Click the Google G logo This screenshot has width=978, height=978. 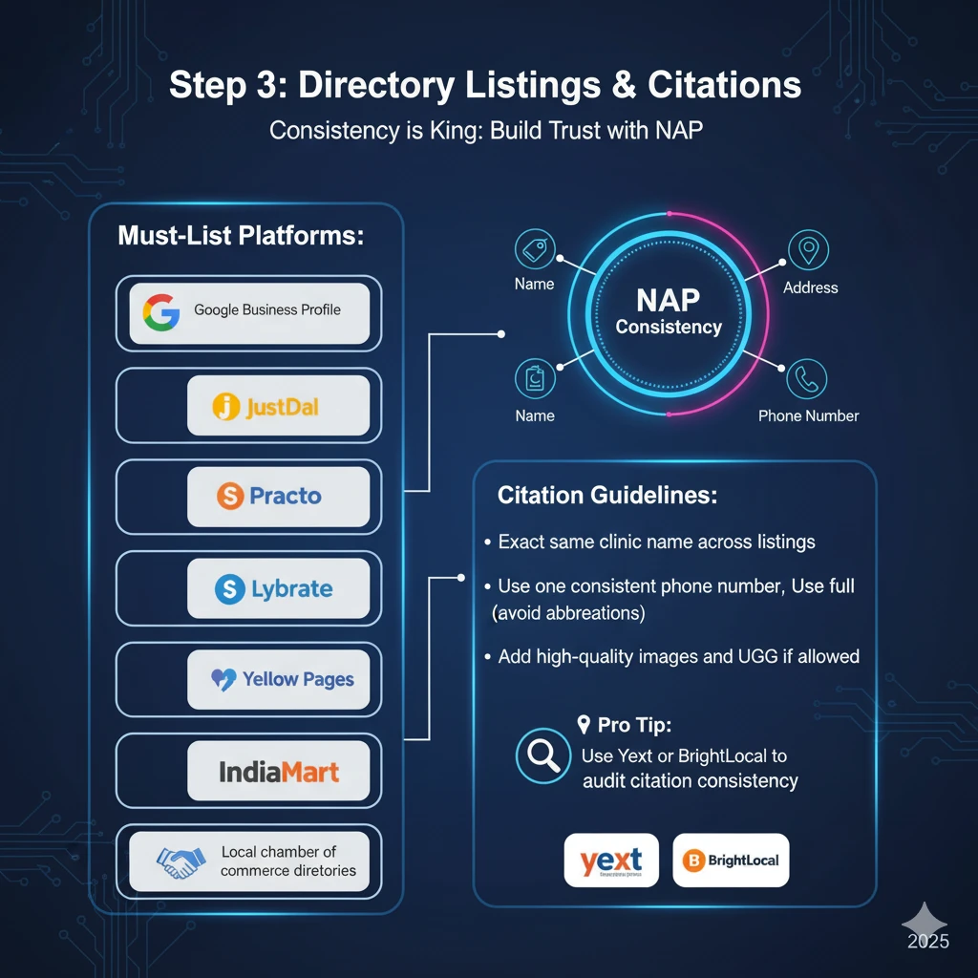(x=160, y=312)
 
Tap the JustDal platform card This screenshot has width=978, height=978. (x=278, y=406)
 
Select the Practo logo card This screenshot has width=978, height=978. (x=278, y=497)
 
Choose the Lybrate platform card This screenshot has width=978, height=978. (x=278, y=588)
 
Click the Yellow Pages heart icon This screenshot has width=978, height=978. (x=223, y=680)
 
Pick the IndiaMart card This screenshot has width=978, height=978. (x=278, y=771)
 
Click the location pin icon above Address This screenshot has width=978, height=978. (x=808, y=250)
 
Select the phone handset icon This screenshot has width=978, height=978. (x=808, y=379)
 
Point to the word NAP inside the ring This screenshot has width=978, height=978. (x=669, y=300)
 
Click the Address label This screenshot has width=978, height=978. (x=810, y=287)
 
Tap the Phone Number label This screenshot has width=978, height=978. (x=808, y=415)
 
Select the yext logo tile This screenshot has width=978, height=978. (x=611, y=860)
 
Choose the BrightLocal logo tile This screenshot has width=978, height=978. (x=731, y=860)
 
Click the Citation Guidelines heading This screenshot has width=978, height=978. (x=607, y=497)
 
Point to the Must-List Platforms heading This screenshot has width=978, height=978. (x=241, y=236)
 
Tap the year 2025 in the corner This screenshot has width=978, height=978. (x=928, y=942)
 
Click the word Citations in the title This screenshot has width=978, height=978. (x=724, y=86)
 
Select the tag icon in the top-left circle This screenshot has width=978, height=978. (x=535, y=250)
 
